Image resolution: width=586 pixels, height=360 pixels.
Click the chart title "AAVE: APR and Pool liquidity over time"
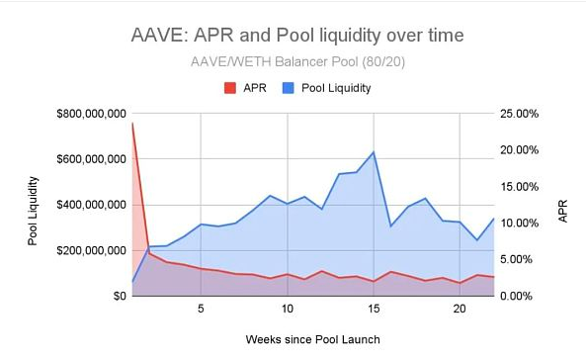pos(297,36)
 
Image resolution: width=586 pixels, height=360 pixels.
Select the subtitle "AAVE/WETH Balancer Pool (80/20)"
pos(297,61)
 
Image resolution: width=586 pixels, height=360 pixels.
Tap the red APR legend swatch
pos(230,88)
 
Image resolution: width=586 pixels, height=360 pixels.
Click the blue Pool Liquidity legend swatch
pos(289,88)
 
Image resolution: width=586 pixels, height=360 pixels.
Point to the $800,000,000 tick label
pos(91,114)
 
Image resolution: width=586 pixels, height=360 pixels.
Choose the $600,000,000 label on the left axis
pos(91,159)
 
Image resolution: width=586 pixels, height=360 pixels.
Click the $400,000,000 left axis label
pos(91,205)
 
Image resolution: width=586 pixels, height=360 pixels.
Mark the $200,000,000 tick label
pos(91,250)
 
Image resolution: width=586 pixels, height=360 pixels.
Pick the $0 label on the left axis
pos(120,296)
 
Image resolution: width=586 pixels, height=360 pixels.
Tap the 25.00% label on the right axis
pos(519,114)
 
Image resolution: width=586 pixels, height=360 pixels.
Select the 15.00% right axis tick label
pos(519,187)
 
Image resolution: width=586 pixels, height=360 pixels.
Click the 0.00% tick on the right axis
pos(516,296)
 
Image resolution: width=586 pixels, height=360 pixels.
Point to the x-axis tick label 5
pos(201,309)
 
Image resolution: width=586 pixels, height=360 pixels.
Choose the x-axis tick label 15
pos(374,309)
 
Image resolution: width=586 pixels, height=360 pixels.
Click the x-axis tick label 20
pos(460,309)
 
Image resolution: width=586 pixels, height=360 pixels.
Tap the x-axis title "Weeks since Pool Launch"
pos(313,339)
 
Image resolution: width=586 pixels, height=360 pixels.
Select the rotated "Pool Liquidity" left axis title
pos(33,211)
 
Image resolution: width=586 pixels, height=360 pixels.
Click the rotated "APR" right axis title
pos(563,211)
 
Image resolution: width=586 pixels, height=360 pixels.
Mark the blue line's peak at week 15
pos(374,151)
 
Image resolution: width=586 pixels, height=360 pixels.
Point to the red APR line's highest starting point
pos(132,123)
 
